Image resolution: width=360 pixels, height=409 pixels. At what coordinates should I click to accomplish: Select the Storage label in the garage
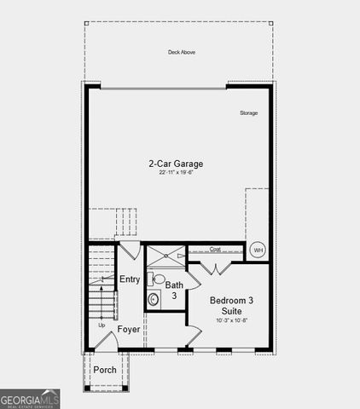[x=248, y=112]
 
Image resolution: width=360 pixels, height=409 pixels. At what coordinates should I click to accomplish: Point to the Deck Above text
[x=182, y=52]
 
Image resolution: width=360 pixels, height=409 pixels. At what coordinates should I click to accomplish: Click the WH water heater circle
[x=258, y=250]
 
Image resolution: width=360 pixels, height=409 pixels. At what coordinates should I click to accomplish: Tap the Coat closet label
[x=215, y=250]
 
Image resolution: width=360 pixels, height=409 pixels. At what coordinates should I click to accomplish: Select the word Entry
[x=130, y=279]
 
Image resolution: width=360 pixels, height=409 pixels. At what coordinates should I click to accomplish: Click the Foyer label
[x=129, y=329]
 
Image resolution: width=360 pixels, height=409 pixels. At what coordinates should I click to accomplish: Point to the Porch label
[x=105, y=370]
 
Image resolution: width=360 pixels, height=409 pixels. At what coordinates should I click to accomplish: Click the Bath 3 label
[x=173, y=290]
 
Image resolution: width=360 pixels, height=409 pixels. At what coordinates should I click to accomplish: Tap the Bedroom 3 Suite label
[x=230, y=306]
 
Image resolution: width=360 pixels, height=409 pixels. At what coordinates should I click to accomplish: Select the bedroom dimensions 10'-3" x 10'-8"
[x=230, y=320]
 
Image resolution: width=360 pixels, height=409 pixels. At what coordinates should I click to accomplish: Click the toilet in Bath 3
[x=157, y=278]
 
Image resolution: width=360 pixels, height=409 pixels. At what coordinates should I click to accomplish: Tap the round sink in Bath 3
[x=154, y=297]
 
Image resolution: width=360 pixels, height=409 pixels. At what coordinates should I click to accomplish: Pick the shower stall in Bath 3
[x=165, y=256]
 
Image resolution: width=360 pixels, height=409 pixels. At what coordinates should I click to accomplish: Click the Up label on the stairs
[x=102, y=325]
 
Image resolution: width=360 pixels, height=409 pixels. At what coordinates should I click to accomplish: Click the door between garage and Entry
[x=128, y=252]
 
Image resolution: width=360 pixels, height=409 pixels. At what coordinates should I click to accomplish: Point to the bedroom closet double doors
[x=217, y=268]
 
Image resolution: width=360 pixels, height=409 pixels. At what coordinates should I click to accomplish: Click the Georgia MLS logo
[x=30, y=399]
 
